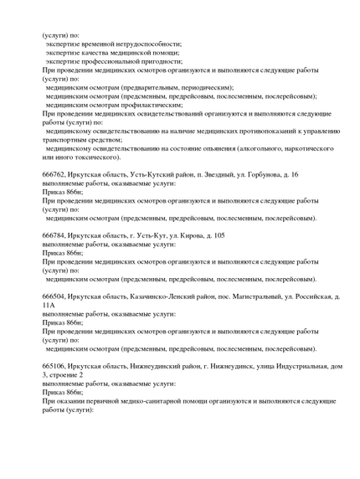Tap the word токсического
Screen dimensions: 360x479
(92, 157)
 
